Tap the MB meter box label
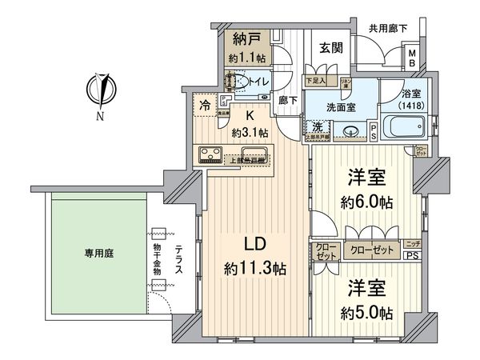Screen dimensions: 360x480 412,58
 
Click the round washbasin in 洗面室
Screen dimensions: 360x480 349,131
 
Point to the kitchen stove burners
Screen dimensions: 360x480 206,154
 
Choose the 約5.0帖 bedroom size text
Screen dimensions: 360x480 365,311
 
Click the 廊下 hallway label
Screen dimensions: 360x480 288,102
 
